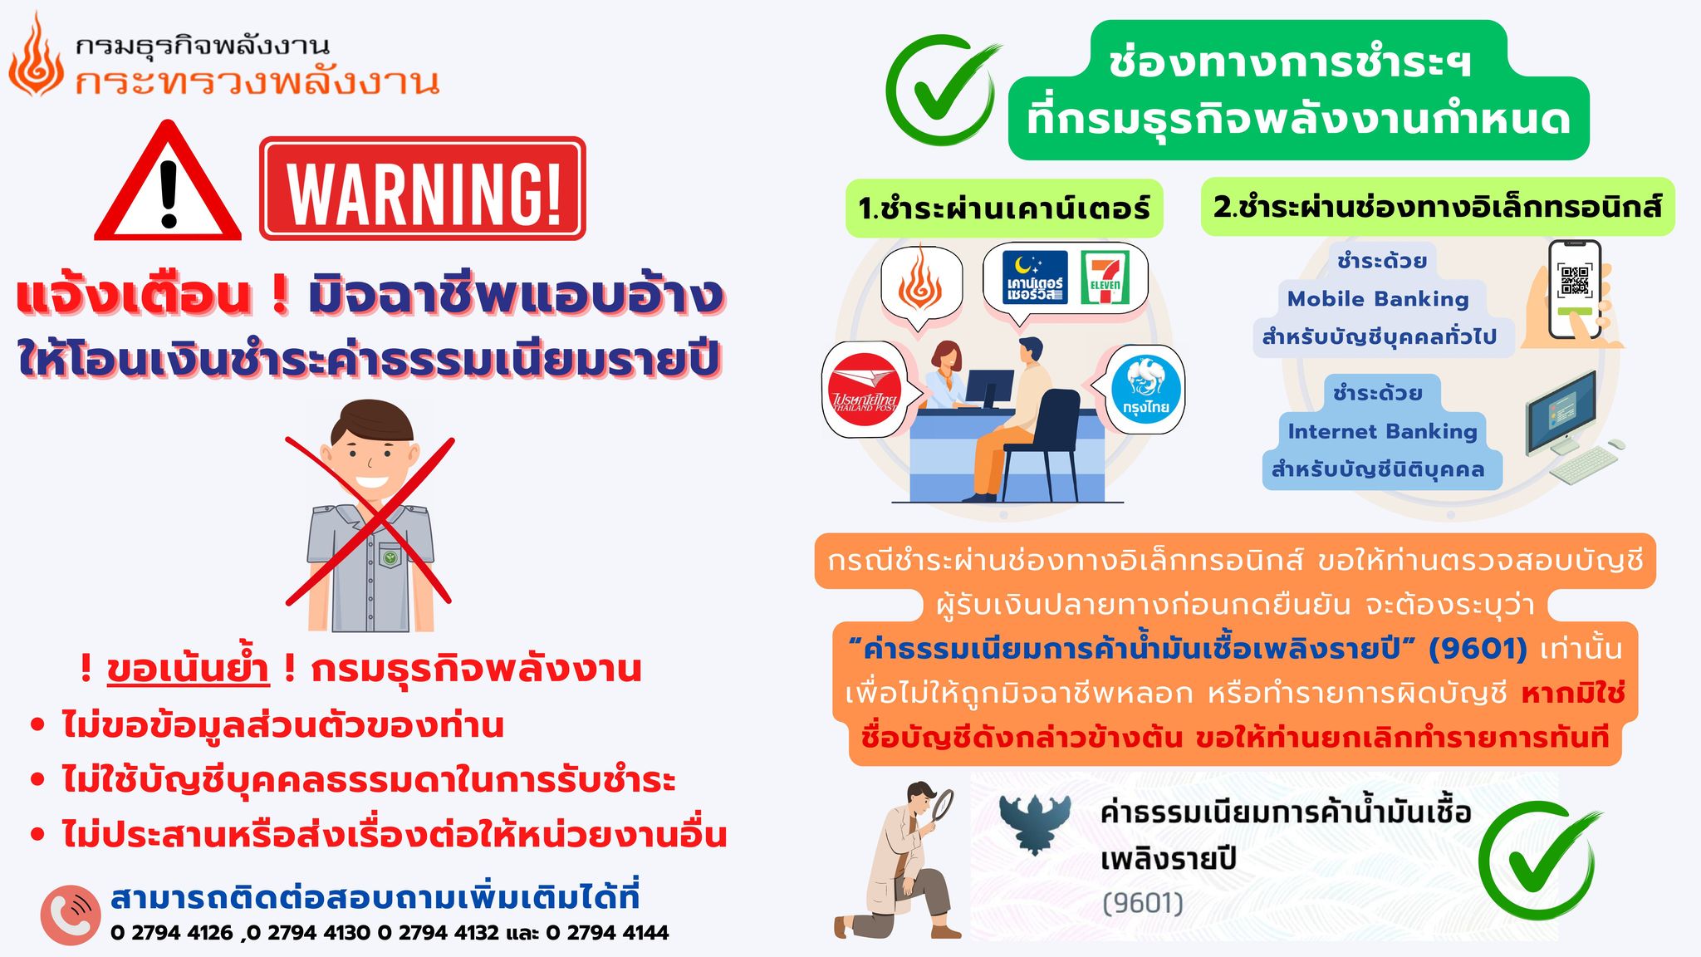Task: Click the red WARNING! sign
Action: point(423,189)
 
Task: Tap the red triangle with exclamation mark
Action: point(168,181)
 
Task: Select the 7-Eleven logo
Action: point(1105,277)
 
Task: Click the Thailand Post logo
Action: point(865,389)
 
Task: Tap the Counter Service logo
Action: point(1035,277)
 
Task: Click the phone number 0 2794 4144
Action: point(607,933)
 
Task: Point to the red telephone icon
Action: point(70,915)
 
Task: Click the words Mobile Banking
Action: point(1378,299)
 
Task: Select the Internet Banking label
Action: point(1382,431)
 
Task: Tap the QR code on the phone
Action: point(1574,281)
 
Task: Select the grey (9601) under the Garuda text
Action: point(1142,903)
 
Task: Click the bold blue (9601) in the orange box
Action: point(1478,649)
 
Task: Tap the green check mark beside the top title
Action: point(941,90)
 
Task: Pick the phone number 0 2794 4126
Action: point(171,933)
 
